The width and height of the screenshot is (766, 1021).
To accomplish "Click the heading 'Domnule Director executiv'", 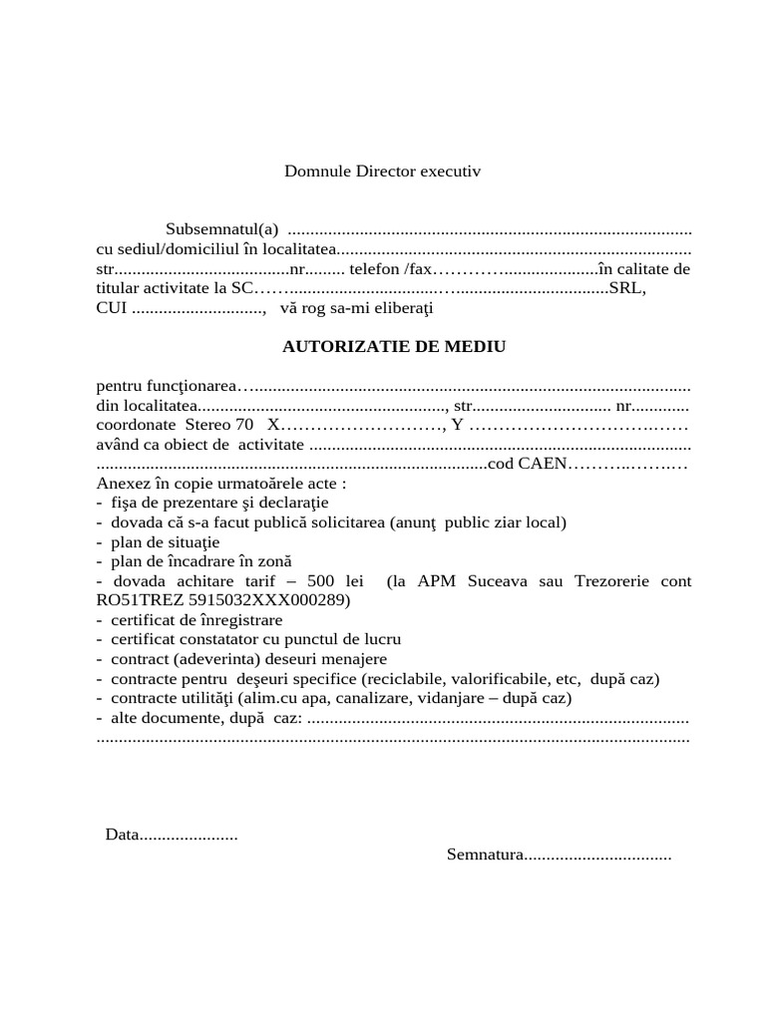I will tap(382, 171).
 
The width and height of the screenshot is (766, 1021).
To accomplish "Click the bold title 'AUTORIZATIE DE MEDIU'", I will tap(395, 347).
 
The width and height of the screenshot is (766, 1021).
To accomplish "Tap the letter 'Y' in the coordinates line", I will tap(458, 425).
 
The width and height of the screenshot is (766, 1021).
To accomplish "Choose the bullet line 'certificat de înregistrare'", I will tap(196, 620).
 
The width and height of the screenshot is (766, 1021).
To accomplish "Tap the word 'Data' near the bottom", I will tap(121, 835).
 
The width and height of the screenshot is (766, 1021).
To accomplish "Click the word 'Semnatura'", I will tap(485, 854).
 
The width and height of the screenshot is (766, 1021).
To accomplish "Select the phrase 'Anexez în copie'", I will tap(151, 484).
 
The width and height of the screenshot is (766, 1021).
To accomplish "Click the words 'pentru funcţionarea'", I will tap(166, 386).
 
